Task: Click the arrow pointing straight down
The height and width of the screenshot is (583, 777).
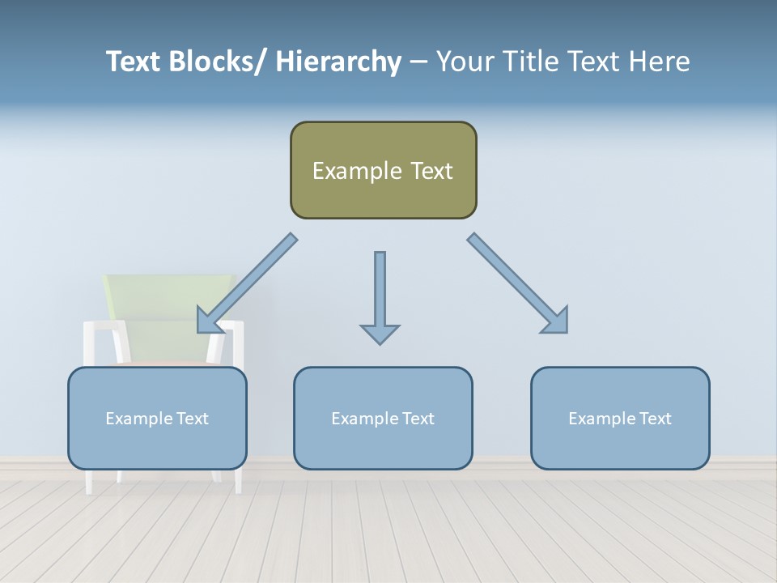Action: point(380,291)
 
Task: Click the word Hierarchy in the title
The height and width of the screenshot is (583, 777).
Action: point(338,62)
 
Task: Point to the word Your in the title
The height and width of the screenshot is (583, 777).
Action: point(465,62)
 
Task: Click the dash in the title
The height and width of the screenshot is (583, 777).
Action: point(418,62)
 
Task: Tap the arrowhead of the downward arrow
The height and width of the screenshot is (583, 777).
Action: point(380,334)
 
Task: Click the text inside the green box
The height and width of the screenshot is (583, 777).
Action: point(383,171)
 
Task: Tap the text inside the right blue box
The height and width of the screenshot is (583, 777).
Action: point(620,419)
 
